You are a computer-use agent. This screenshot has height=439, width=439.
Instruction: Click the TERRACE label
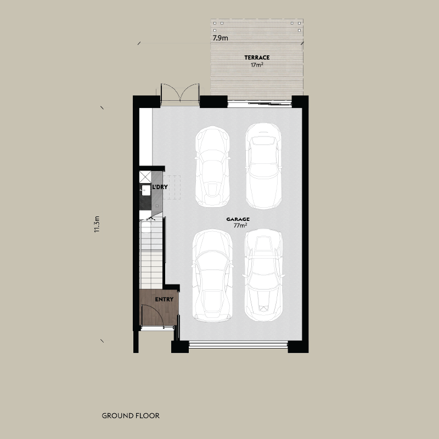pos(257,57)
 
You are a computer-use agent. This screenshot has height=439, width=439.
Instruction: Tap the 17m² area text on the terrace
pos(257,64)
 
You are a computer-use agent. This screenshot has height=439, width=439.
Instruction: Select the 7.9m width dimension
pos(221,38)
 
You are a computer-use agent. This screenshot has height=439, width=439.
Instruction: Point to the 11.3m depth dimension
pos(97,224)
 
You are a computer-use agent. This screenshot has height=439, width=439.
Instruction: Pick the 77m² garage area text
pos(240,225)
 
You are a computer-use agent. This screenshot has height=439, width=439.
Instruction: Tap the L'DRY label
pos(160,187)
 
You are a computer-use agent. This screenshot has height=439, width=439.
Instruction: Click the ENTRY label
pos(164,299)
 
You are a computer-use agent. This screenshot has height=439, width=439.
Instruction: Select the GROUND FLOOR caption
pos(131,415)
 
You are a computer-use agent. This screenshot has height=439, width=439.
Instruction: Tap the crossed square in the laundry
pos(147,176)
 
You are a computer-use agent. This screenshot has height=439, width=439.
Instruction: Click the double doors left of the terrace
pos(179,93)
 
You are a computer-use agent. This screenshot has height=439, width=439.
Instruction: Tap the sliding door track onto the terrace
pos(260,102)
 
